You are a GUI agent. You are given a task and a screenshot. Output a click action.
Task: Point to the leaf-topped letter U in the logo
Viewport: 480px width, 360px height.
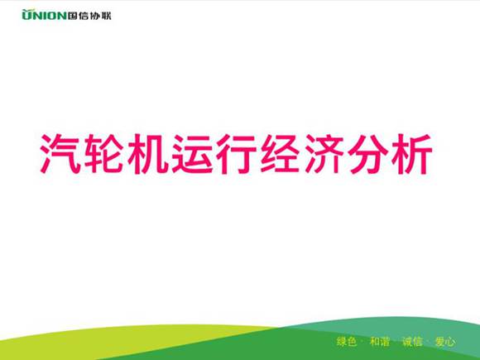(26, 15)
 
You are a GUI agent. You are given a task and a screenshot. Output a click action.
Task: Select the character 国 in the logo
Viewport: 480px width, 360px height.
(74, 15)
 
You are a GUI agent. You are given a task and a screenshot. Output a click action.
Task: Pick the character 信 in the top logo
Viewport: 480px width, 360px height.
(84, 15)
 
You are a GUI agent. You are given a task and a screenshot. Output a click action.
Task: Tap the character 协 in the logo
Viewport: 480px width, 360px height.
(95, 15)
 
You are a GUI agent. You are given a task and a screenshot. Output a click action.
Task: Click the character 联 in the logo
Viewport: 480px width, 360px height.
(106, 15)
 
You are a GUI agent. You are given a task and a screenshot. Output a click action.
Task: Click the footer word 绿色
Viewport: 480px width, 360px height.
(347, 342)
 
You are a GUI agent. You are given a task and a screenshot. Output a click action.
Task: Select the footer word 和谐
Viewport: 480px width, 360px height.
(380, 342)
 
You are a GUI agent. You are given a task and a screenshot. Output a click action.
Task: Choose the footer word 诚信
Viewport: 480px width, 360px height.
(412, 342)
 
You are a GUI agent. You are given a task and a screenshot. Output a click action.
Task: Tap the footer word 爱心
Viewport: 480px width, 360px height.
(445, 342)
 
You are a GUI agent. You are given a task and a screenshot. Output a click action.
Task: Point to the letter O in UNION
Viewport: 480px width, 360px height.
(51, 15)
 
